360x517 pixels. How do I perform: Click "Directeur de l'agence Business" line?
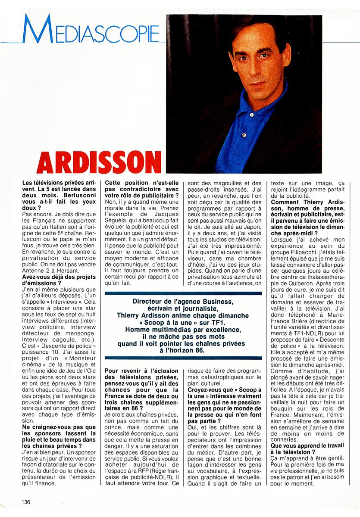click(x=183, y=301)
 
